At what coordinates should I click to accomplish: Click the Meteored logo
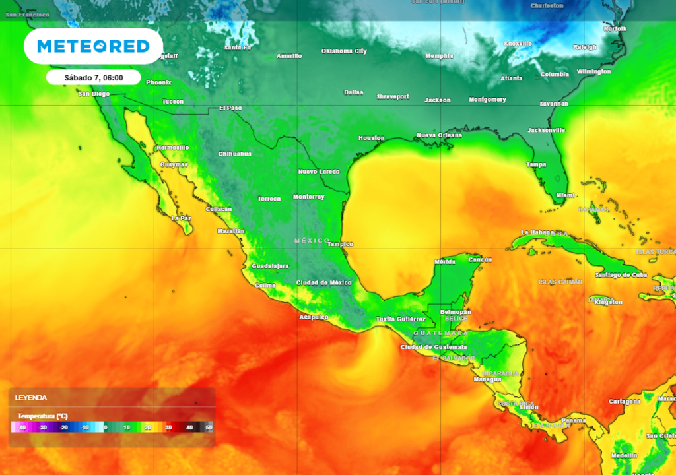point(93,46)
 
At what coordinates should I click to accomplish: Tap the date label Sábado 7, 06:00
point(93,77)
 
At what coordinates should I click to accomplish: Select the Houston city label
point(371,138)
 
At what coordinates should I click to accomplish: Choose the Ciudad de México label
point(323,282)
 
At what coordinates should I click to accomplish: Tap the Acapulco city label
point(314,317)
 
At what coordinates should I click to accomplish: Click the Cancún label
point(480,259)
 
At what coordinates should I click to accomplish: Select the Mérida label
point(444,262)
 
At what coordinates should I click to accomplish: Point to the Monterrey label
point(308,197)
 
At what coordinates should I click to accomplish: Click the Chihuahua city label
point(235,154)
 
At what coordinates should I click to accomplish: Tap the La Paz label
point(181,218)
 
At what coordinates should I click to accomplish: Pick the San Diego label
point(94,94)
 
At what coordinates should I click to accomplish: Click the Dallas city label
point(354,92)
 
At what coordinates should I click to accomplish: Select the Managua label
point(487,379)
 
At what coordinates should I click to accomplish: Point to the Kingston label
point(608,302)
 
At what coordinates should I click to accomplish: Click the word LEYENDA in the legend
point(31,398)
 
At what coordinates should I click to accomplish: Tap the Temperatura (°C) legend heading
point(43,416)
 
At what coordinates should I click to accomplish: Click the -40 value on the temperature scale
point(22,427)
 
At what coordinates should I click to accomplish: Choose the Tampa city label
point(536,164)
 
